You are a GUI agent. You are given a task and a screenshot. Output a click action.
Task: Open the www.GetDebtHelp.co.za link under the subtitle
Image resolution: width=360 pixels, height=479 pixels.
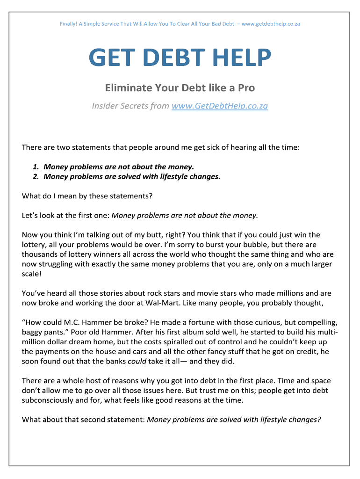(x=220, y=106)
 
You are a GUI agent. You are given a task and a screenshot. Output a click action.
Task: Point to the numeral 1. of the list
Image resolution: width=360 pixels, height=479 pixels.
(x=36, y=167)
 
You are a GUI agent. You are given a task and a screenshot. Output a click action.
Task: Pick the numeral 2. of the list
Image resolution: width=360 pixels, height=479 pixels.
(x=36, y=176)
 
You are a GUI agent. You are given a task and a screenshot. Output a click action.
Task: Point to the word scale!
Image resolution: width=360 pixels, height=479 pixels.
(x=32, y=274)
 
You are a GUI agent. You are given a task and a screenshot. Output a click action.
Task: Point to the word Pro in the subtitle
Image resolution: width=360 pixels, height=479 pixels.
(x=246, y=88)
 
